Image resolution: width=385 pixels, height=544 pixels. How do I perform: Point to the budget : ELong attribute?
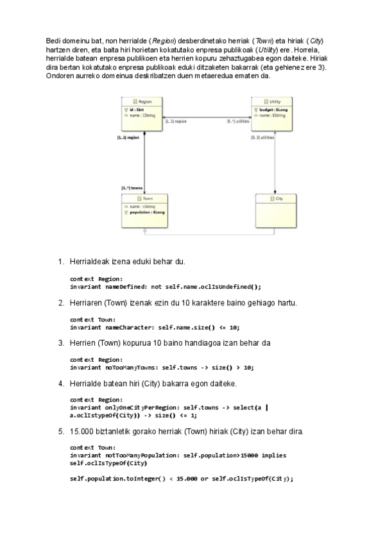point(273,110)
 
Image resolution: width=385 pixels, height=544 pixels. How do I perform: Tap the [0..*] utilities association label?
point(238,121)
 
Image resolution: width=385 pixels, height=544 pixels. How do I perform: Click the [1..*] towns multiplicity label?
point(132,188)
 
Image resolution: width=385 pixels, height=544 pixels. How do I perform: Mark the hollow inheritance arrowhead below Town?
point(145,230)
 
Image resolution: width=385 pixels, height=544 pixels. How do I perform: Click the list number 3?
point(61,343)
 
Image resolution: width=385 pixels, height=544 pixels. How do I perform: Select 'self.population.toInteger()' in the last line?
point(117,479)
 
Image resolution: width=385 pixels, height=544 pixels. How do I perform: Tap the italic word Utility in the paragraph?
point(266,49)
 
